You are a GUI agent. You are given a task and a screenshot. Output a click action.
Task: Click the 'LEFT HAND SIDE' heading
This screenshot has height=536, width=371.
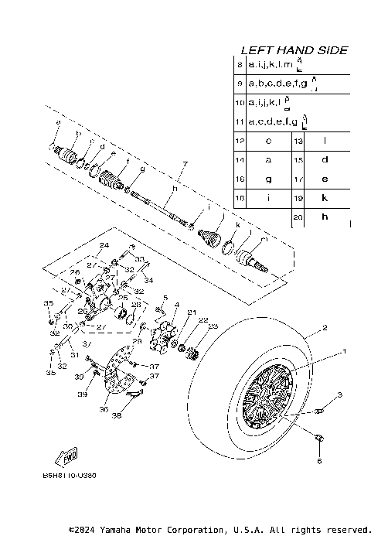coord(294,50)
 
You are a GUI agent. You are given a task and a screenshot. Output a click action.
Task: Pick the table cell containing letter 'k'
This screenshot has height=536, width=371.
coord(325,199)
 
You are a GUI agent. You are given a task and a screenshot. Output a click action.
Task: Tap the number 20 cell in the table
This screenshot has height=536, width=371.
coord(298,218)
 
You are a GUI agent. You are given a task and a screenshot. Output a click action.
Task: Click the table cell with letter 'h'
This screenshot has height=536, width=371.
coord(325,218)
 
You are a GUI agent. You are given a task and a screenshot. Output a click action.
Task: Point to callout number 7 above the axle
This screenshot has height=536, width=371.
coord(185,164)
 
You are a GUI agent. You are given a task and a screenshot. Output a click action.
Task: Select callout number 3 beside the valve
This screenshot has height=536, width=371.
coord(338,395)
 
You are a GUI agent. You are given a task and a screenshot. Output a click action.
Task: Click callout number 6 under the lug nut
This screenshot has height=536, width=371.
coord(318,461)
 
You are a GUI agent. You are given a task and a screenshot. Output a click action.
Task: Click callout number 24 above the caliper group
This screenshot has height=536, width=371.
coord(100,245)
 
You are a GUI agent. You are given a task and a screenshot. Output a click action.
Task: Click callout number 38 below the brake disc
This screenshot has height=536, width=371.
coord(117,415)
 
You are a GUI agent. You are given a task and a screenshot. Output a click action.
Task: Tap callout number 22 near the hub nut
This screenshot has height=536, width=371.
coord(182,320)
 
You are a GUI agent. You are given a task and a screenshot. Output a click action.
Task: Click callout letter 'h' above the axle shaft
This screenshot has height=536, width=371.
coord(175,188)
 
